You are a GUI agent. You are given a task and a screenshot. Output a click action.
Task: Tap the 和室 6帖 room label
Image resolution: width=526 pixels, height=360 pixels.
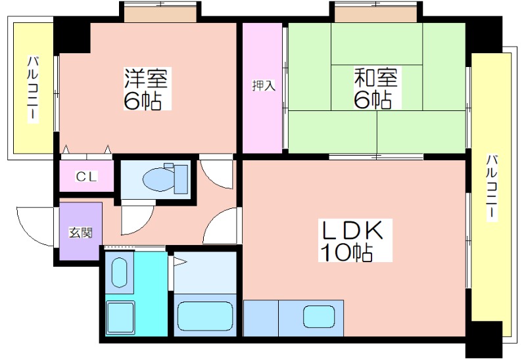[377, 88]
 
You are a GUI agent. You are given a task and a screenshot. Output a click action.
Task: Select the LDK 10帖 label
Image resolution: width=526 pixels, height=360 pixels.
[355, 240]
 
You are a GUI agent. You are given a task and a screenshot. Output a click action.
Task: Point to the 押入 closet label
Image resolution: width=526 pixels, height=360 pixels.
[264, 86]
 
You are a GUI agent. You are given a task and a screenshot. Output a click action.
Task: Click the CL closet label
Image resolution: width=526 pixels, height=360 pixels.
[86, 176]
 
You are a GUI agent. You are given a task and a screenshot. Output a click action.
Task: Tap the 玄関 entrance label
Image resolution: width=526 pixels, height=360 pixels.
[80, 233]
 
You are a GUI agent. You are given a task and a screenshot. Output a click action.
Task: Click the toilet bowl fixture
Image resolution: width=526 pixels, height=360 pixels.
[158, 179]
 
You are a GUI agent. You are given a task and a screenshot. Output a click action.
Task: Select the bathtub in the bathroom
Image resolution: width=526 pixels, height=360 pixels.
[205, 315]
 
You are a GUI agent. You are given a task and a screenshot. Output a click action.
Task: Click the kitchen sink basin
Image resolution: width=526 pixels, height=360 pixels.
[319, 317]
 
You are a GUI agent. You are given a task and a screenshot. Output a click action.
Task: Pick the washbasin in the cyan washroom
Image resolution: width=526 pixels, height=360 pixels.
[119, 272]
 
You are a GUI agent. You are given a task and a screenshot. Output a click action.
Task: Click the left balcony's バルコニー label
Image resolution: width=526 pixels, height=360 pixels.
[32, 89]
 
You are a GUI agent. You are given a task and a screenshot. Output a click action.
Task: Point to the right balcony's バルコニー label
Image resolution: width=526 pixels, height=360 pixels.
[491, 188]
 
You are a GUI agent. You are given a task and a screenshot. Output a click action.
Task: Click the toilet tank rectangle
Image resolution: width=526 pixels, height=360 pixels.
[181, 179]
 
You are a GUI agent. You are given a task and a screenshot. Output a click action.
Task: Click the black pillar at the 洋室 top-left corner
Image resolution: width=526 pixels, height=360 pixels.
[72, 35]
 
